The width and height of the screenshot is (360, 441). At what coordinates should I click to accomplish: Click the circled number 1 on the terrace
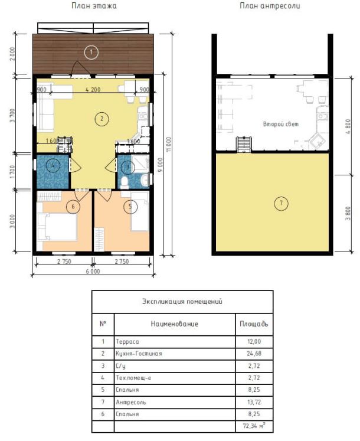(x=91, y=52)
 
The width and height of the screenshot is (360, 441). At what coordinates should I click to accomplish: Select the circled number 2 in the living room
(x=102, y=119)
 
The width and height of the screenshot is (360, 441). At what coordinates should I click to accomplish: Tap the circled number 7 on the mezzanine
(x=281, y=203)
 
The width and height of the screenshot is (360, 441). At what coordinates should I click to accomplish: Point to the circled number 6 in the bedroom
(x=73, y=207)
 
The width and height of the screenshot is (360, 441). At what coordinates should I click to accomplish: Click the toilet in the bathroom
(x=125, y=183)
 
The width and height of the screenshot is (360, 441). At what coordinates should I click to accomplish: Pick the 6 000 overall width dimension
(x=93, y=272)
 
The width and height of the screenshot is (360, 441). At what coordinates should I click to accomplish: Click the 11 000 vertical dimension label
(x=168, y=144)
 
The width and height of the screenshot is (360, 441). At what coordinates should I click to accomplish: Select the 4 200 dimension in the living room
(x=93, y=90)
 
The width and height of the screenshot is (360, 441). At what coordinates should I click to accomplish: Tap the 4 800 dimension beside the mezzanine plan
(x=348, y=126)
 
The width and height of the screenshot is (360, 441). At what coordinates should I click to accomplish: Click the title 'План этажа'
(x=94, y=6)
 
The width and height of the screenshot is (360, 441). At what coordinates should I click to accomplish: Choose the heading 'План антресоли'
(x=270, y=6)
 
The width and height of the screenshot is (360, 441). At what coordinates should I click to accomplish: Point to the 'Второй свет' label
(x=281, y=124)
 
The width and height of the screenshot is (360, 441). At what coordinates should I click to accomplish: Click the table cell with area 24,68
(x=254, y=354)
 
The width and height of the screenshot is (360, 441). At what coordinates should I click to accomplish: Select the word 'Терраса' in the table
(x=127, y=342)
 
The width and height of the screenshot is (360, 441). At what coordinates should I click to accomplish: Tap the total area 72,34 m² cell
(x=254, y=426)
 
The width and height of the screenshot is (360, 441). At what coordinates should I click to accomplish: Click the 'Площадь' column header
(x=254, y=324)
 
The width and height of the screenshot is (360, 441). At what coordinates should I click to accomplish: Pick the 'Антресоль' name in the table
(x=131, y=402)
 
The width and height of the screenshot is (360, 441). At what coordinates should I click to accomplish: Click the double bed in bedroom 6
(x=57, y=227)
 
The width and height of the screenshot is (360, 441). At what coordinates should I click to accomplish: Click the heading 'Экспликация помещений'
(x=182, y=302)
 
